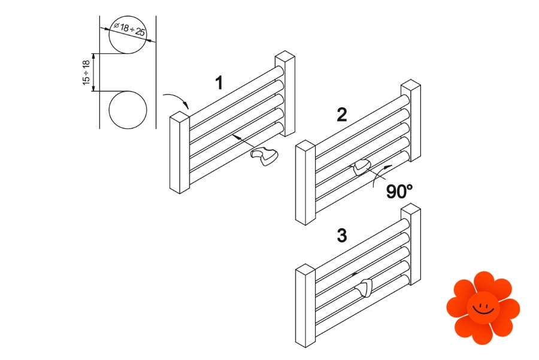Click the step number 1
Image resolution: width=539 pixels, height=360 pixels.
(x=219, y=83)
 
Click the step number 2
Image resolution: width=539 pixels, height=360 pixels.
(x=342, y=115)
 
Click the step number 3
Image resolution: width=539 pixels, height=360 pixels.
(x=342, y=236)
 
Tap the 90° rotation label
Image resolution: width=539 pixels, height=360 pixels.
(x=399, y=192)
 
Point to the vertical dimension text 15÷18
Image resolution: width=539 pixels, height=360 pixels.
(x=86, y=72)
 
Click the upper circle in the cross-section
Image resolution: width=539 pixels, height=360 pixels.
(x=128, y=35)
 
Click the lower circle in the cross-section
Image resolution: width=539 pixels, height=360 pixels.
(x=128, y=110)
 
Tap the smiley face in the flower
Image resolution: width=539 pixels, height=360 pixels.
(x=483, y=308)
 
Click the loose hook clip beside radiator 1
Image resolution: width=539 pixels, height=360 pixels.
(x=264, y=156)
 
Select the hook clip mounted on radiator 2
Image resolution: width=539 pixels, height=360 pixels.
(x=361, y=167)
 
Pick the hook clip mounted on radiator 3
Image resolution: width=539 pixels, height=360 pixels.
(x=364, y=288)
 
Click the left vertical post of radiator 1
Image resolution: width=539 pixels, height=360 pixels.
(x=180, y=153)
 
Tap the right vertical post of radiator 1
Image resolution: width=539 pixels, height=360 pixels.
(x=285, y=93)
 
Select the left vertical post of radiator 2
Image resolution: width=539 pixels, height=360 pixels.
(x=305, y=183)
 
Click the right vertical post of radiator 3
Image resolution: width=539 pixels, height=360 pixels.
(x=411, y=244)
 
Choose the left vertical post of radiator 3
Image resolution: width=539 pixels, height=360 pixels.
(x=305, y=305)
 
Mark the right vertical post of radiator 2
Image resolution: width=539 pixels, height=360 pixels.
(x=411, y=120)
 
